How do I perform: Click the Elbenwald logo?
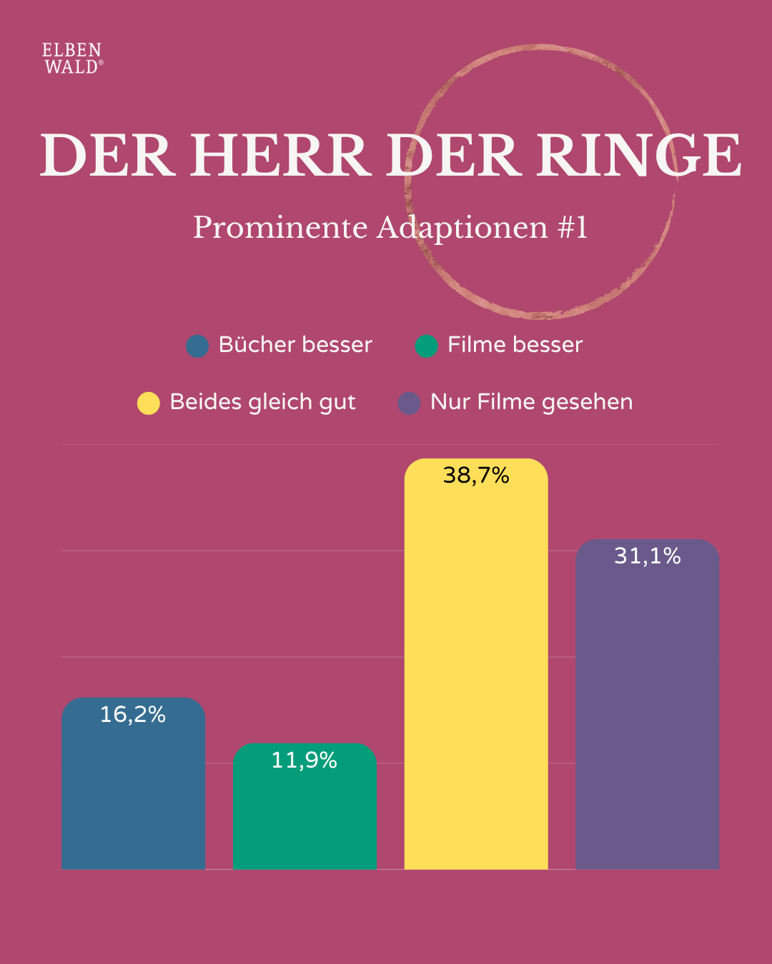pyautogui.click(x=72, y=59)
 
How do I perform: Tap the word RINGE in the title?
pyautogui.click(x=639, y=155)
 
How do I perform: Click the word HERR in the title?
pyautogui.click(x=280, y=155)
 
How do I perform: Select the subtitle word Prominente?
pyautogui.click(x=280, y=228)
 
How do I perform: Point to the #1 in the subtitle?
pyautogui.click(x=572, y=228)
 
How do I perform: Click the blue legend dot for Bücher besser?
pyautogui.click(x=197, y=346)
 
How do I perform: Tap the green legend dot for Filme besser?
pyautogui.click(x=426, y=346)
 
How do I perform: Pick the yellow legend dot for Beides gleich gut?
pyautogui.click(x=148, y=403)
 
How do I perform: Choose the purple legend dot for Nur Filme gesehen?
pyautogui.click(x=409, y=403)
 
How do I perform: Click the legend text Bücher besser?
pyautogui.click(x=295, y=345)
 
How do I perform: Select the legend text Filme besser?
pyautogui.click(x=515, y=345)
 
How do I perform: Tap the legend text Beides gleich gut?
pyautogui.click(x=262, y=402)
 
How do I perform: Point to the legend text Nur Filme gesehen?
pyautogui.click(x=531, y=402)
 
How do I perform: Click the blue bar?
pyautogui.click(x=133, y=793)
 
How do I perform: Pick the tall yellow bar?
pyautogui.click(x=476, y=678)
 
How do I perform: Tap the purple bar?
pyautogui.click(x=648, y=714)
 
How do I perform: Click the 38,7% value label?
pyautogui.click(x=476, y=476)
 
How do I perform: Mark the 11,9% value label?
pyautogui.click(x=305, y=760)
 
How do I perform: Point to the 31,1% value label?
pyautogui.click(x=648, y=556)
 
